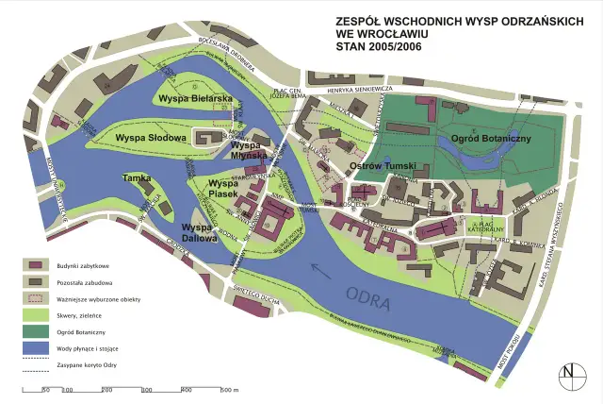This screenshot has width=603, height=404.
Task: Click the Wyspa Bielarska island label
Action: (x=195, y=98)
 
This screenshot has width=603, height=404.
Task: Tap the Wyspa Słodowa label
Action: (x=147, y=138)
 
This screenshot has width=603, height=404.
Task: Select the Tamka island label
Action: (x=137, y=177)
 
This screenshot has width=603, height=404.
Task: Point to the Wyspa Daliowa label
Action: (x=200, y=232)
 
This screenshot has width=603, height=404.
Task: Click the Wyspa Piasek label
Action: (x=223, y=188)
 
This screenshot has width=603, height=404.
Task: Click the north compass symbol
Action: (x=568, y=375)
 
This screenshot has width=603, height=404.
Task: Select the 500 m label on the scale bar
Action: (x=229, y=390)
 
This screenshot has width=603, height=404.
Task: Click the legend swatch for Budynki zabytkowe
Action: (x=38, y=266)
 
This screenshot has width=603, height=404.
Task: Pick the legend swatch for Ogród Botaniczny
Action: (x=38, y=332)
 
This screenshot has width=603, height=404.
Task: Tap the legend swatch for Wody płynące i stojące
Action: (x=38, y=348)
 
